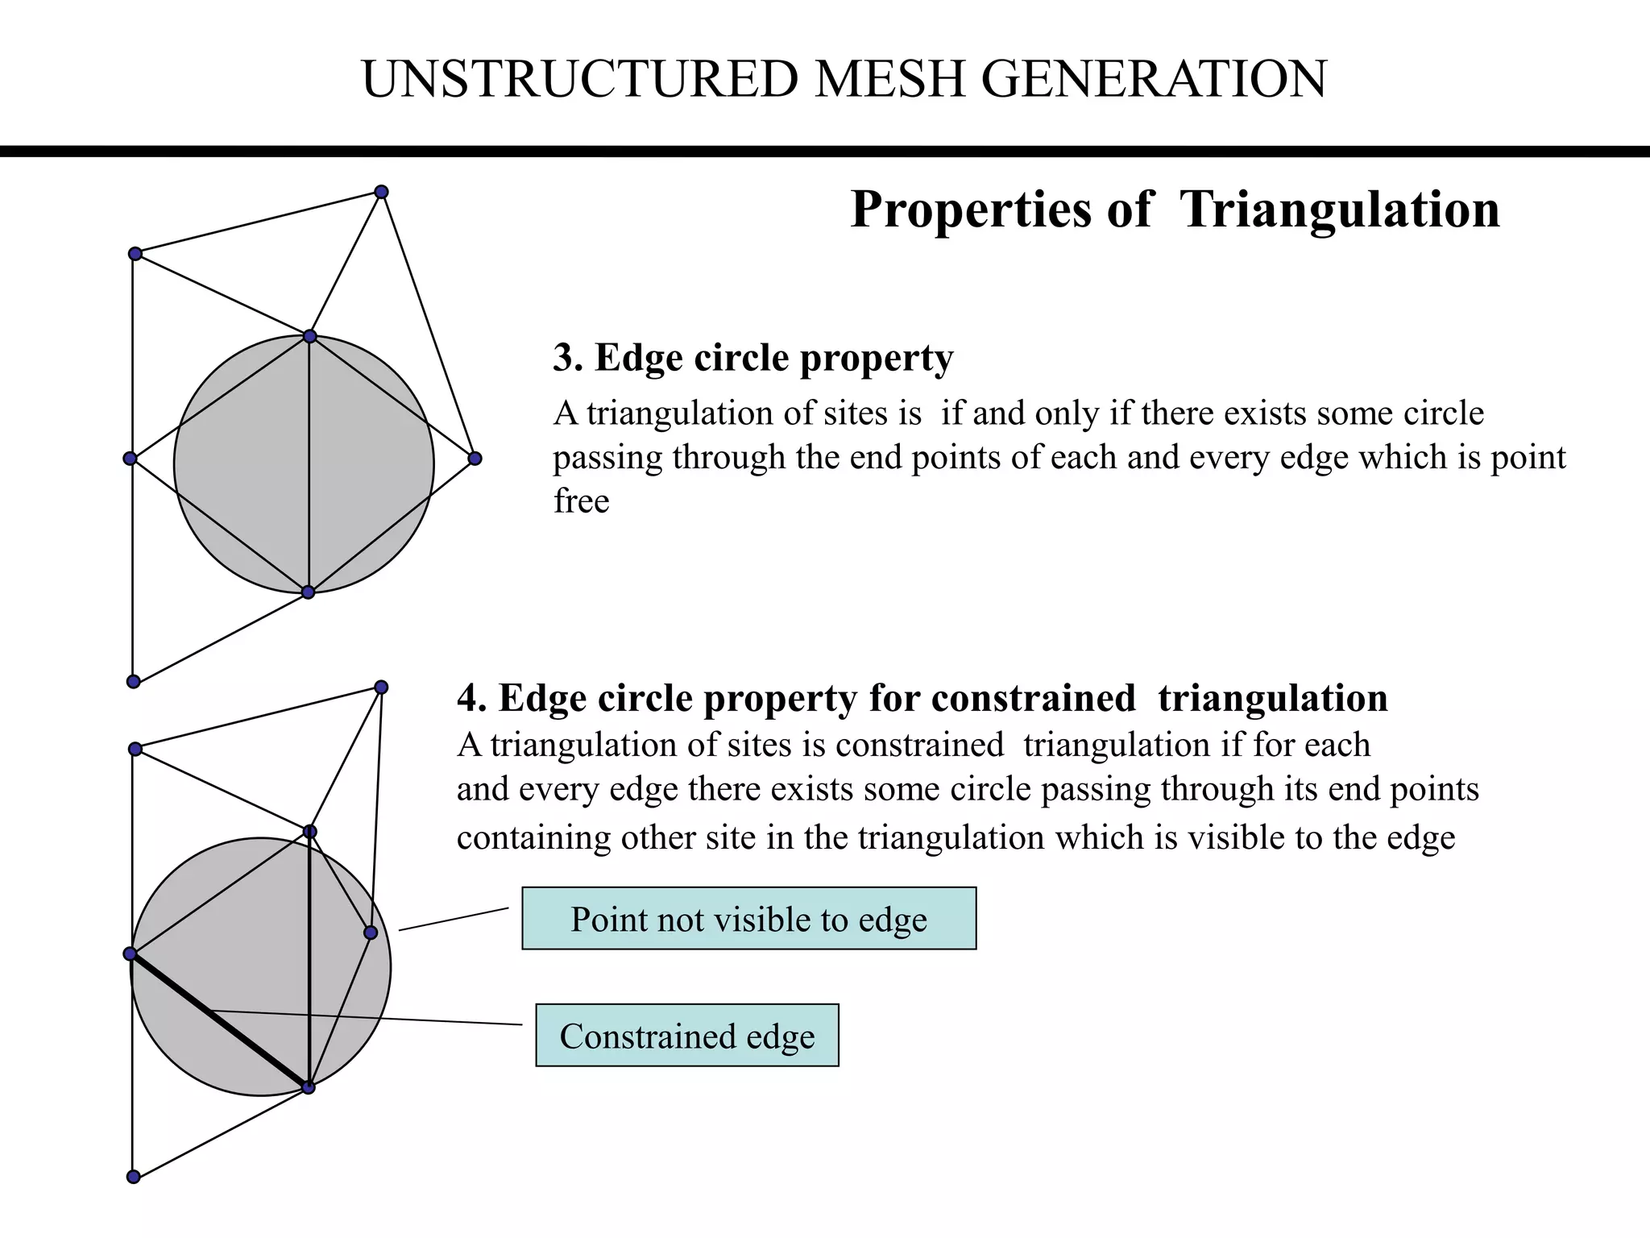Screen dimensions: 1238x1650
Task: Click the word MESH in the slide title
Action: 889,79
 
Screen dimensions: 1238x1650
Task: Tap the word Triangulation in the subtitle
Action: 1339,210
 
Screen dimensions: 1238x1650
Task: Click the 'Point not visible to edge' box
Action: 748,919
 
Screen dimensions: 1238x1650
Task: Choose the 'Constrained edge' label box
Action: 686,1036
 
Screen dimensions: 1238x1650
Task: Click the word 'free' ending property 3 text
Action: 581,501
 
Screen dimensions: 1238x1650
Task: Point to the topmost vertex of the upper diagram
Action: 382,192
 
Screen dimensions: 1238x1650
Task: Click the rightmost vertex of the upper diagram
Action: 475,459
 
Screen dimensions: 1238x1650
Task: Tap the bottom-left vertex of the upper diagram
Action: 134,682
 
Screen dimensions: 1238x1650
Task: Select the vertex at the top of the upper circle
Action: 309,336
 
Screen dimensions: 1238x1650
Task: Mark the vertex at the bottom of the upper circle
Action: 308,592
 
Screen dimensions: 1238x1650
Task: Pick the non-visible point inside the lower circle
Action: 371,933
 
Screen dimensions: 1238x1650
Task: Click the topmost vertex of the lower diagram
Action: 382,687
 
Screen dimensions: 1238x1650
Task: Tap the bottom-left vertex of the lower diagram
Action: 134,1177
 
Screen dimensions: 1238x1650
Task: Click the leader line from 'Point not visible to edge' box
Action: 454,919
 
